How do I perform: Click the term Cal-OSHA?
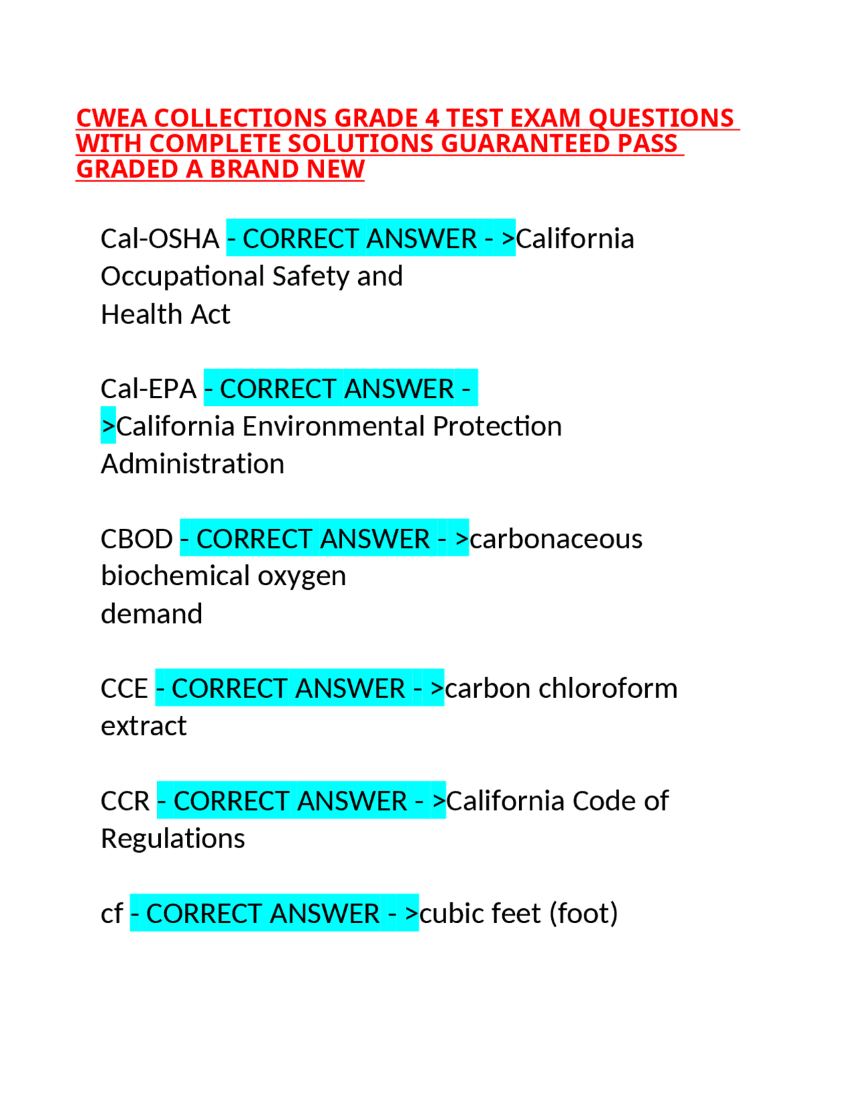(x=160, y=238)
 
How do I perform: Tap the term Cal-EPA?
(x=148, y=389)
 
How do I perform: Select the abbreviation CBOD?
(x=137, y=539)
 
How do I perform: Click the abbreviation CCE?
(x=124, y=689)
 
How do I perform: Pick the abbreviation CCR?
(x=126, y=801)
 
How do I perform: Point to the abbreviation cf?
(x=112, y=914)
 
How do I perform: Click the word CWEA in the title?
(x=111, y=118)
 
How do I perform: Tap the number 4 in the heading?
(x=432, y=118)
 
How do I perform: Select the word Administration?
(x=192, y=464)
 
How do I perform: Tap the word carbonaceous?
(x=556, y=539)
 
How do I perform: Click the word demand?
(x=152, y=614)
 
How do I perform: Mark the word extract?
(x=144, y=726)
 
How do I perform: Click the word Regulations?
(x=173, y=839)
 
